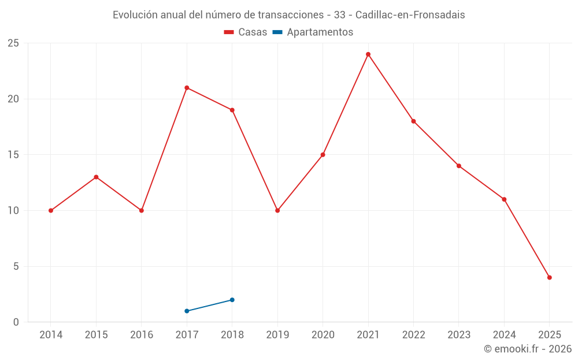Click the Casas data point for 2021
[x=368, y=54]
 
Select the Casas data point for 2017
[x=187, y=88]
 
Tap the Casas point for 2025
[x=550, y=277]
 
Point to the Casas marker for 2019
[x=277, y=210]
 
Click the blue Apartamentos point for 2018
[x=232, y=300]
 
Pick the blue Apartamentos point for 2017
[x=187, y=311]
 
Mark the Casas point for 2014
[x=51, y=210]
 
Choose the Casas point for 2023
[x=459, y=166]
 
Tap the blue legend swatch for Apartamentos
[x=277, y=32]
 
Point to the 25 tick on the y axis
[x=13, y=43]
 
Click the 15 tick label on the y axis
[x=13, y=155]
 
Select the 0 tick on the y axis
[x=16, y=322]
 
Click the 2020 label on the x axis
[x=323, y=335]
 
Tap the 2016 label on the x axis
[x=142, y=335]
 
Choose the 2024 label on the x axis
[x=504, y=335]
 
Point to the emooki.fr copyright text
[x=528, y=349]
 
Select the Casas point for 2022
[x=413, y=121]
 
